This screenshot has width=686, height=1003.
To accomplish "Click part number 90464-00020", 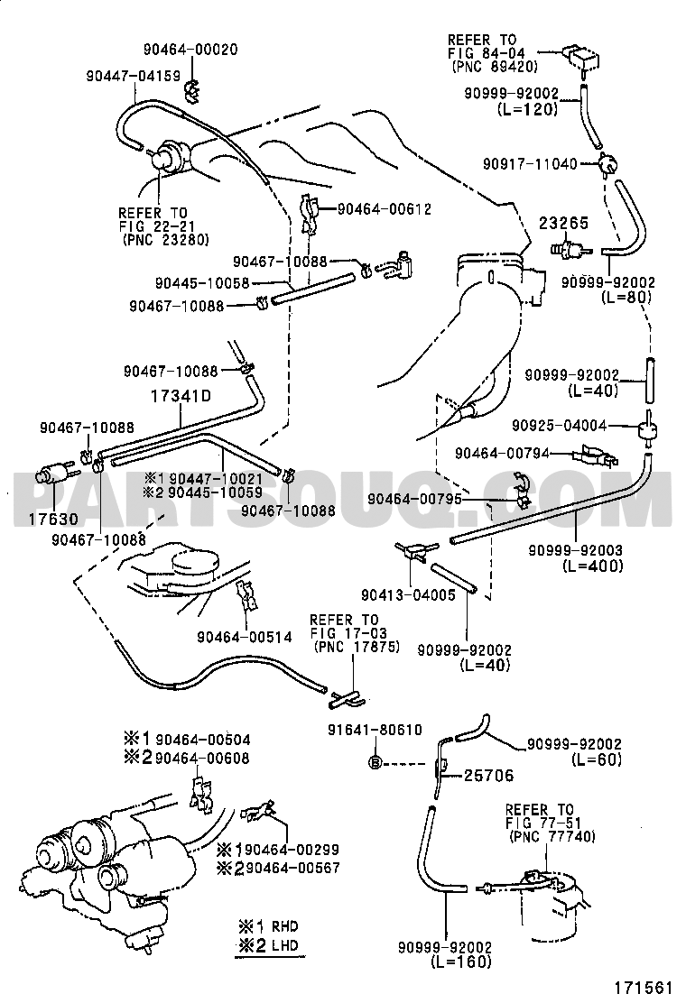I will [x=190, y=51].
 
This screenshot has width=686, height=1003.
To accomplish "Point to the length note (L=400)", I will [x=592, y=566].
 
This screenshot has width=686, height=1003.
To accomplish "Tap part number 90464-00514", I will [x=245, y=637].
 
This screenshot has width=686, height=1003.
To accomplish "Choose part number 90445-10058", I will [x=201, y=282].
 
